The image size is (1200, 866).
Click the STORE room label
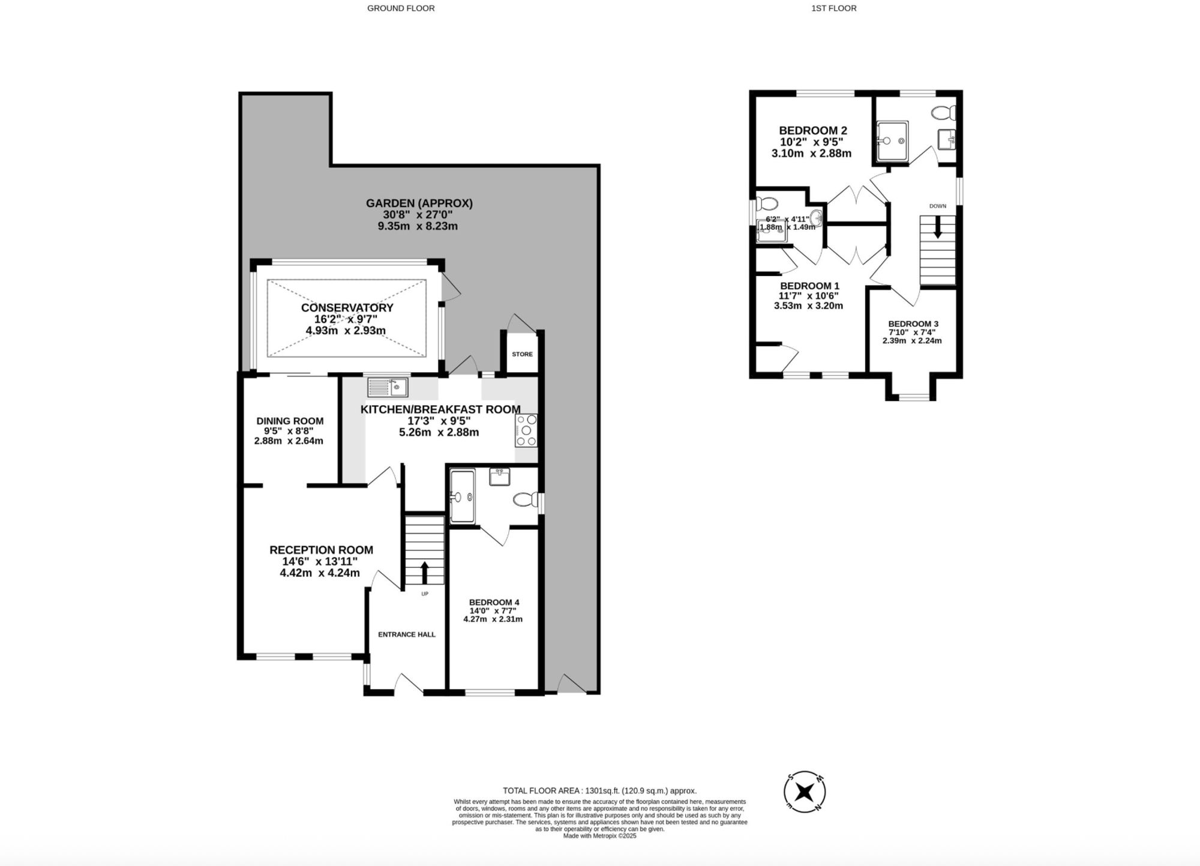[522, 354]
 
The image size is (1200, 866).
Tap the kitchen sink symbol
[388, 387]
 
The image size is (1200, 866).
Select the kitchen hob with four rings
[526, 430]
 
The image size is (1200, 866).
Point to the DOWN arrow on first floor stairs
[937, 229]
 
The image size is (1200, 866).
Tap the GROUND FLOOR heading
[401, 8]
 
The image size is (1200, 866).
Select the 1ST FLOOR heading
[833, 8]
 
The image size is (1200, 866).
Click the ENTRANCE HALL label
[406, 634]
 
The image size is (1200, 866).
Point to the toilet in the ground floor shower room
[525, 499]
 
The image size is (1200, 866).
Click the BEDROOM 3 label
[913, 323]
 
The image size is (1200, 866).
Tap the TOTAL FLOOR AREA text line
[599, 791]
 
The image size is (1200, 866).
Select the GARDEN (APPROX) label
[419, 203]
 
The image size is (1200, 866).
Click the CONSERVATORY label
[347, 308]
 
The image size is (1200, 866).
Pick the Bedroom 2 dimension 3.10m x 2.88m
[811, 154]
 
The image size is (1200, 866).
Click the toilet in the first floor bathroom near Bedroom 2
[944, 112]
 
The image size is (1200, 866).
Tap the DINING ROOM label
[290, 421]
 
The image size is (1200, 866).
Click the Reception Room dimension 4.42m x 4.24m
[320, 573]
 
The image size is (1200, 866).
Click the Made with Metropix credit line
[599, 836]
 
